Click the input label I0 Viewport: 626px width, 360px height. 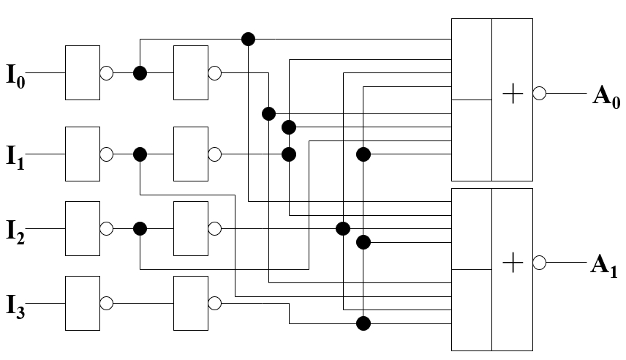tap(16, 76)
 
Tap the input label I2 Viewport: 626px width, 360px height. tap(16, 232)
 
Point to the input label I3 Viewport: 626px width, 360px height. tap(16, 306)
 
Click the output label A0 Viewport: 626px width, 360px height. tap(606, 97)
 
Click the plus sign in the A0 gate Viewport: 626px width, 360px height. tap(513, 94)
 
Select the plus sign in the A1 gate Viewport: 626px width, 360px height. tap(513, 263)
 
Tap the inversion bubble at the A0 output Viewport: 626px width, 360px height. tap(540, 93)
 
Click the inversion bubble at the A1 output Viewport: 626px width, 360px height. tap(540, 263)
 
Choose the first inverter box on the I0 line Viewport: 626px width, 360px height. tap(83, 72)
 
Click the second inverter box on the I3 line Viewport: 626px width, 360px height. tap(191, 303)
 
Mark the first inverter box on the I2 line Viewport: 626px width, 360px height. tap(83, 228)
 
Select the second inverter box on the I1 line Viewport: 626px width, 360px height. tap(191, 154)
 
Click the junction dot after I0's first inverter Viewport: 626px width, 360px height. tap(140, 73)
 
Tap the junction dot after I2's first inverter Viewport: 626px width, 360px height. tap(140, 228)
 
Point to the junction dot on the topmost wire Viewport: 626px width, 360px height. tap(249, 40)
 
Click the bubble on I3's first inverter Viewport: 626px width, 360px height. tap(106, 303)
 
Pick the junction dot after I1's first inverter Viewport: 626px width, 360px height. tap(140, 154)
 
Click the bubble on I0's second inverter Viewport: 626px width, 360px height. tap(215, 73)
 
